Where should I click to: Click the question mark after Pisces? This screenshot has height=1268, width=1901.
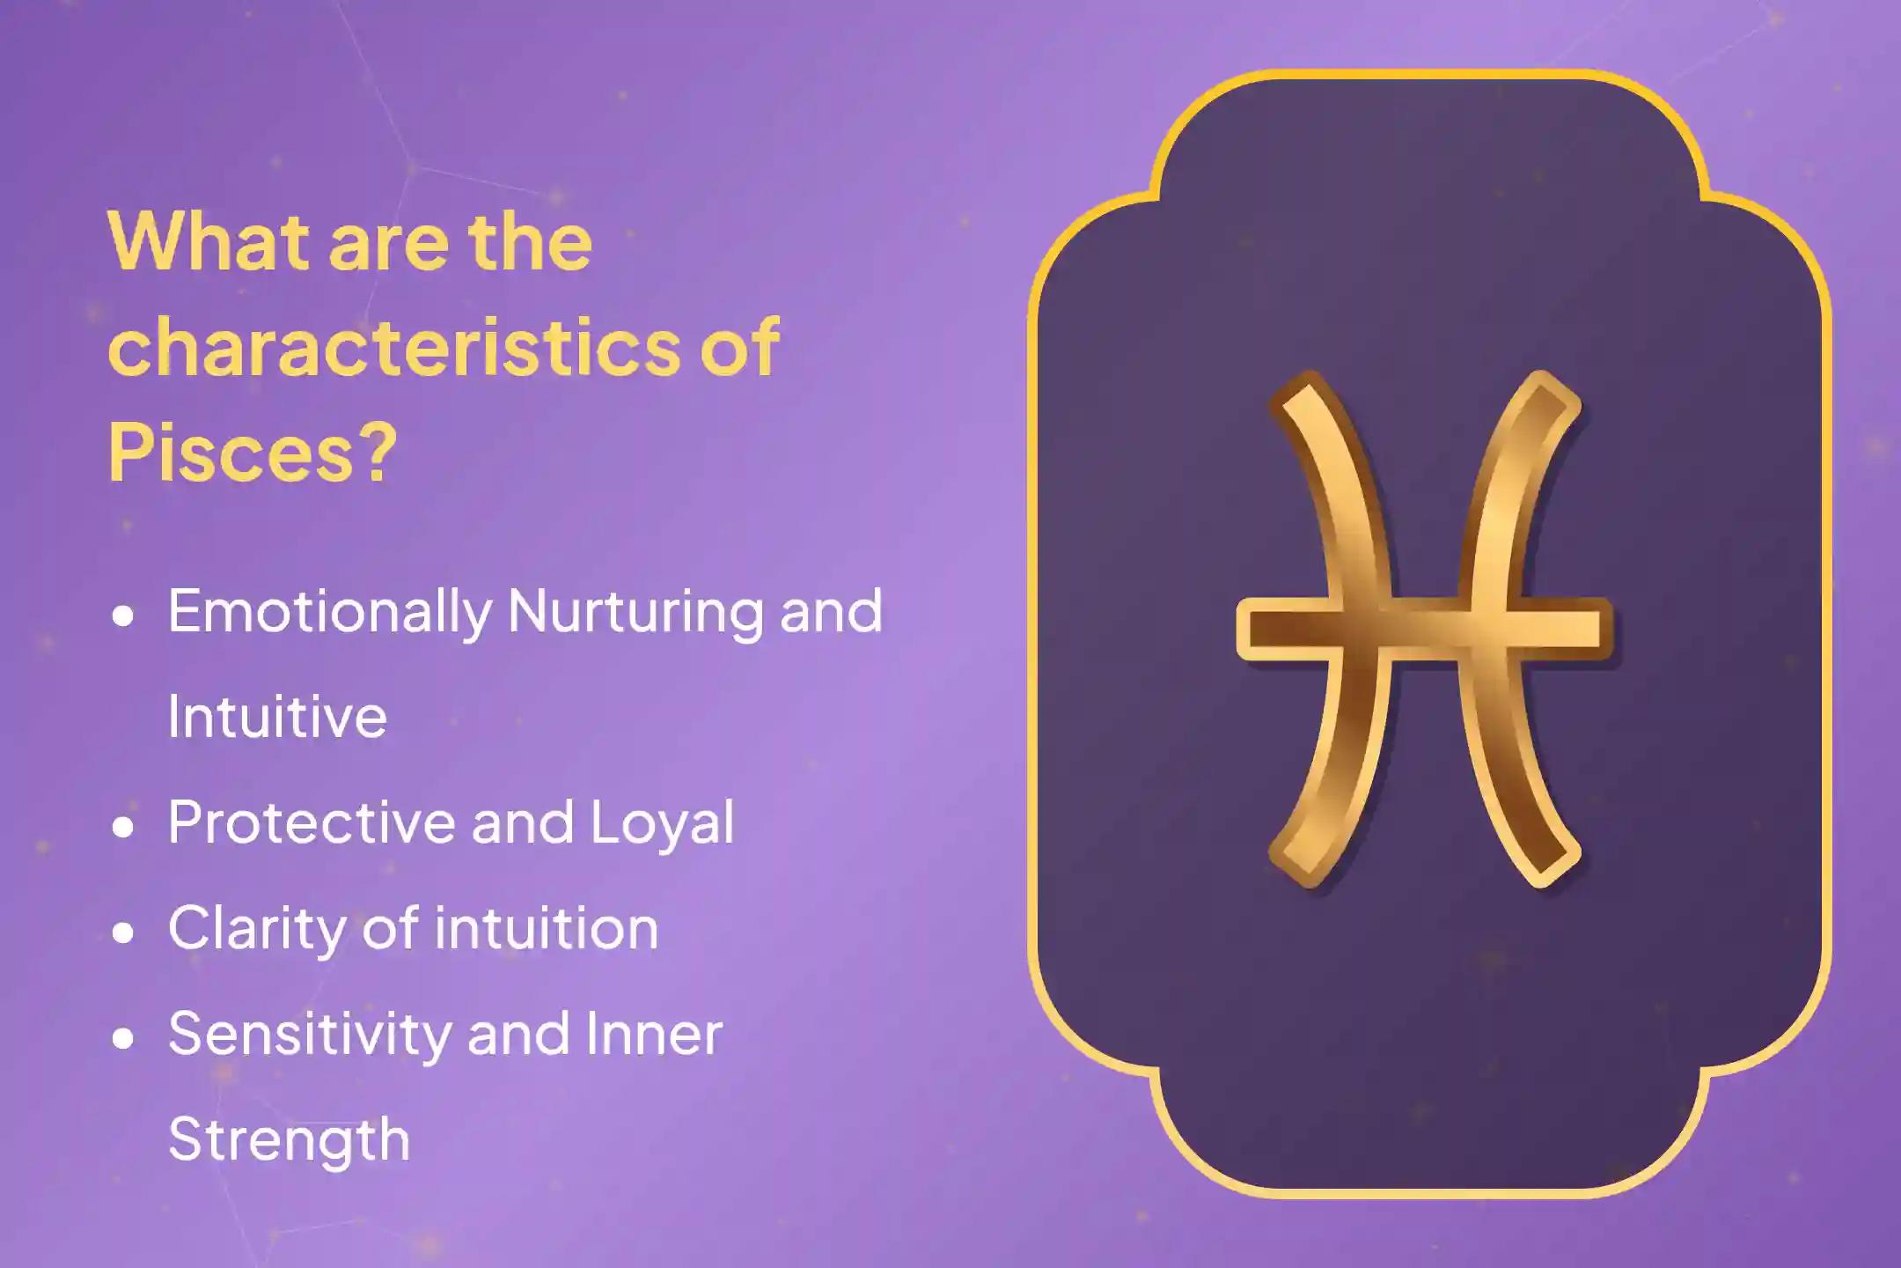(x=378, y=452)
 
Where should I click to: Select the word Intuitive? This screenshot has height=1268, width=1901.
(x=277, y=715)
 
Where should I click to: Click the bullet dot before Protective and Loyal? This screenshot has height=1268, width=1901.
(x=123, y=827)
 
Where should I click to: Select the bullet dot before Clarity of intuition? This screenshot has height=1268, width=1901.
(x=123, y=933)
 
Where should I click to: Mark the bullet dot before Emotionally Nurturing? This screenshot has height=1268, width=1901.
(x=123, y=616)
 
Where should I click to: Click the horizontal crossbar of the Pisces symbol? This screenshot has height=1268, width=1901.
(x=1425, y=629)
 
